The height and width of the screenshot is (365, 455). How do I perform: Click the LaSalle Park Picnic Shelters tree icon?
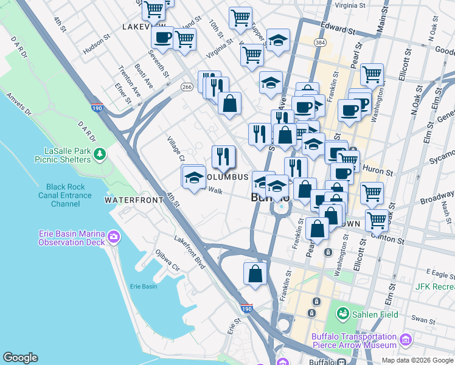(x=100, y=155)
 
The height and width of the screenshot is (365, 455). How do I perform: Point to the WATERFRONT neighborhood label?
(x=133, y=200)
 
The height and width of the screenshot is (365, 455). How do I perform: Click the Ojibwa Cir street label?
(x=167, y=260)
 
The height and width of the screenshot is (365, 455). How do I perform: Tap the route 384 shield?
(x=319, y=42)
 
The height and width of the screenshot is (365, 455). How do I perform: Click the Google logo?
(x=20, y=358)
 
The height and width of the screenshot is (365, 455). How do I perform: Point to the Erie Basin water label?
(x=144, y=286)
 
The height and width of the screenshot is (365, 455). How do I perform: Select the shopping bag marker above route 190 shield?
(x=255, y=274)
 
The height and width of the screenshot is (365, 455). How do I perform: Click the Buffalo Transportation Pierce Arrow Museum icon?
(x=405, y=339)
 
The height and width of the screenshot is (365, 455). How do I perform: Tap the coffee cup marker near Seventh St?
(x=162, y=38)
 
